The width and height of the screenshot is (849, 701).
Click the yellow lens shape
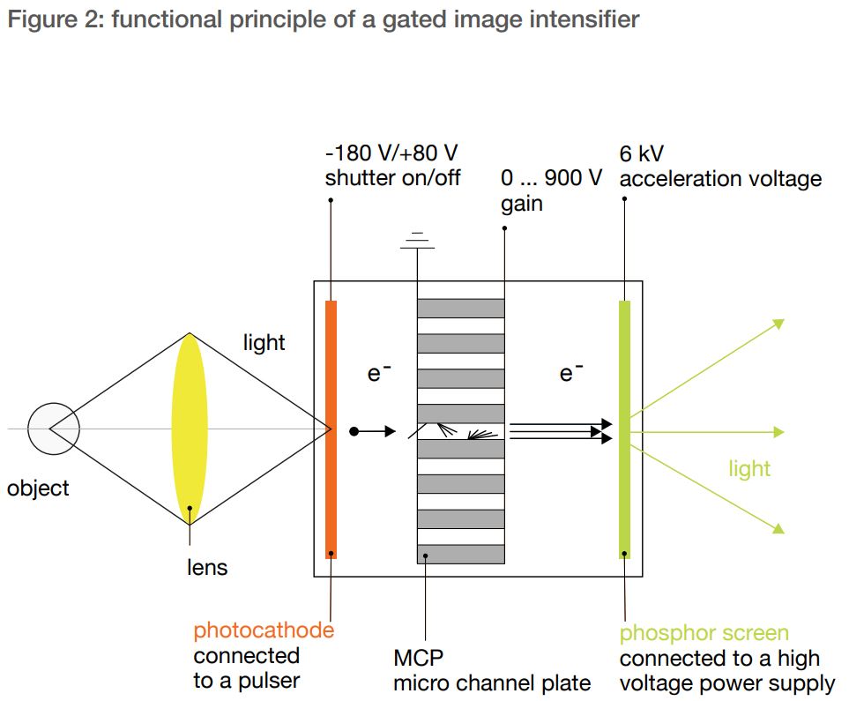[x=190, y=429]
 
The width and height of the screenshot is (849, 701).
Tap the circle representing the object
[x=54, y=429]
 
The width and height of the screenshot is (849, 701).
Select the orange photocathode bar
[x=331, y=429]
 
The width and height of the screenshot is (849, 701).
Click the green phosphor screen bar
[x=624, y=429]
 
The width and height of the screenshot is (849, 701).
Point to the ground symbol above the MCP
[x=419, y=241]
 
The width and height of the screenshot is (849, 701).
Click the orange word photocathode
[x=264, y=630]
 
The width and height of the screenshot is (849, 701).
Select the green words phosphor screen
[x=704, y=633]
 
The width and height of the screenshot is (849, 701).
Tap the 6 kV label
[x=641, y=154]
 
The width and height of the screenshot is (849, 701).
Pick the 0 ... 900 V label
[x=551, y=178]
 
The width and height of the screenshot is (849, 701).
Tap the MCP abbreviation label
[x=418, y=658]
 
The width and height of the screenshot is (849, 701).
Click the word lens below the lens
[x=207, y=567]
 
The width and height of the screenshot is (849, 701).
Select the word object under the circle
[x=38, y=488]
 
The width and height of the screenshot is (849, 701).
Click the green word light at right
[x=749, y=468]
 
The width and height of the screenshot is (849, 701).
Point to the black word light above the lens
[x=264, y=342]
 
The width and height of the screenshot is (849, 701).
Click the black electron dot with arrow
[x=354, y=431]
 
